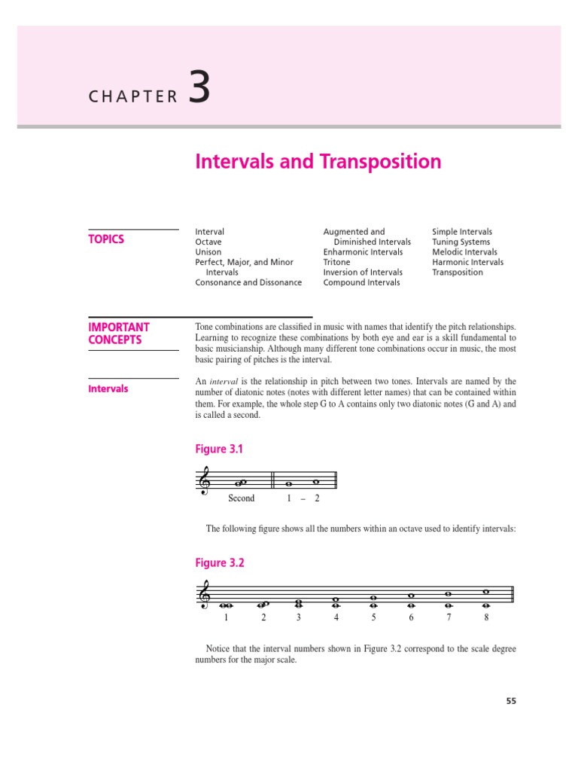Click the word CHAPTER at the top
point(133,96)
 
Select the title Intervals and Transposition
point(318,162)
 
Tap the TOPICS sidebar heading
point(106,239)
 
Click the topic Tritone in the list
point(336,262)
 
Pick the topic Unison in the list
point(208,252)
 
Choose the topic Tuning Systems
point(461,242)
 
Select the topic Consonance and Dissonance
point(248,282)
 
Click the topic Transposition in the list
point(457,273)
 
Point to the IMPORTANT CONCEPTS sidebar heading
point(119,334)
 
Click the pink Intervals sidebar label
point(108,389)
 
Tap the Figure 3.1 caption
point(219,449)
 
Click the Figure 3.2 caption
point(220,563)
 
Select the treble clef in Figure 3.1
point(204,480)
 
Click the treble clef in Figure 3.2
point(204,596)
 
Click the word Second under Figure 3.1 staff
point(241,498)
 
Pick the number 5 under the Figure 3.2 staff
point(373,617)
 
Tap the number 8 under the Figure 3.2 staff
point(486,617)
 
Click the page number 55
point(511,701)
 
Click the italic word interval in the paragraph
point(224,382)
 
